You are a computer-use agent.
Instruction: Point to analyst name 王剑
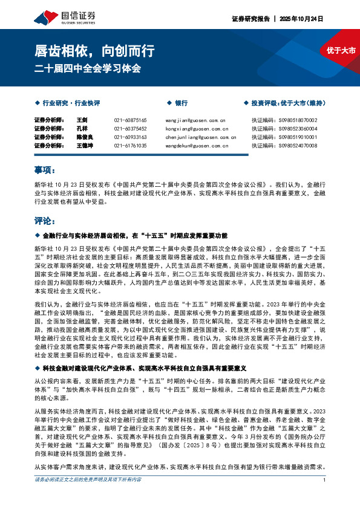point(82,120)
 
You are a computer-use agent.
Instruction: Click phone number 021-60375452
point(130,129)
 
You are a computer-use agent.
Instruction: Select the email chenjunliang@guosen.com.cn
point(197,137)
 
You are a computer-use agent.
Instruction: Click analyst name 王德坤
point(84,146)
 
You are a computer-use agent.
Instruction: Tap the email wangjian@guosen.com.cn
point(195,120)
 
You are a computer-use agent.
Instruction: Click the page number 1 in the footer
point(325,497)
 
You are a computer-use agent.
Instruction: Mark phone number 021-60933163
point(130,137)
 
